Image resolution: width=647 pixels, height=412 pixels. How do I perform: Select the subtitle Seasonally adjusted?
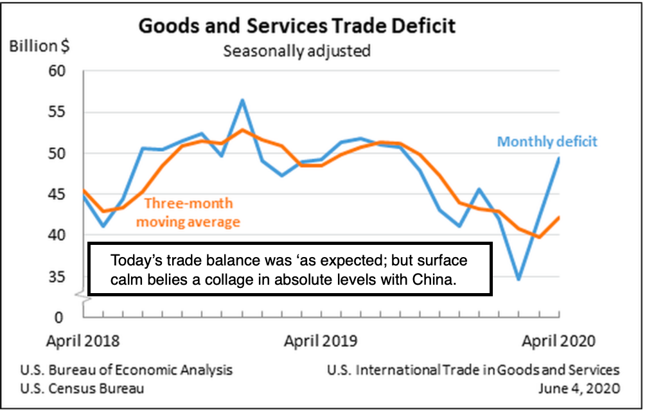[x=297, y=51]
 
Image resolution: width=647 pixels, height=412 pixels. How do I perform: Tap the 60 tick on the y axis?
[x=57, y=71]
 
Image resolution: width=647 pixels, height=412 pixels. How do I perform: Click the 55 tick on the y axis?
[x=57, y=112]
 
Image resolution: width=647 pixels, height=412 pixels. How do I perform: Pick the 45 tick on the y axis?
[x=57, y=194]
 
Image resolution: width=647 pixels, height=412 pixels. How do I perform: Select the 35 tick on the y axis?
[x=57, y=277]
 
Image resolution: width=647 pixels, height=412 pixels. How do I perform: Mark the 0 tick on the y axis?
[x=61, y=317]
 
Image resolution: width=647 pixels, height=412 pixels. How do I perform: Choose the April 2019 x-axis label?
[x=321, y=340]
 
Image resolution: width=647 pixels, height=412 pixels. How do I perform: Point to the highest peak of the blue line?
[x=242, y=100]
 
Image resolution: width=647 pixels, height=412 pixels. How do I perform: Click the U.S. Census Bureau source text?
[x=82, y=388]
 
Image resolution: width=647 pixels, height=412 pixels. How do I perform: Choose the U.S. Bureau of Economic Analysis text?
[x=127, y=370]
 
